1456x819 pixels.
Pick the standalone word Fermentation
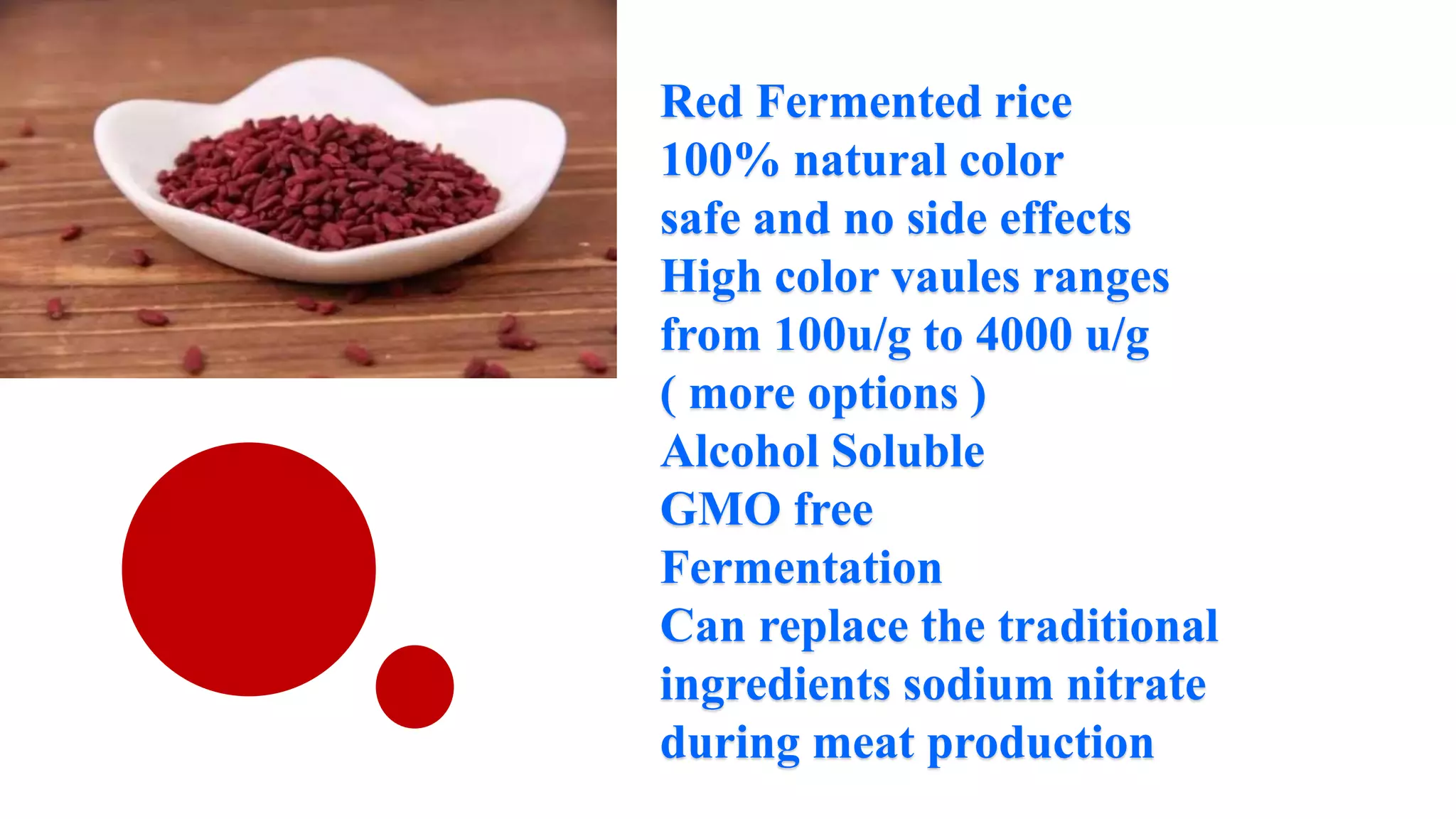click(801, 569)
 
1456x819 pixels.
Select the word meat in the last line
click(863, 744)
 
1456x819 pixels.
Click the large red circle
click(249, 569)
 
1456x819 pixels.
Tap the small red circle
click(414, 687)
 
